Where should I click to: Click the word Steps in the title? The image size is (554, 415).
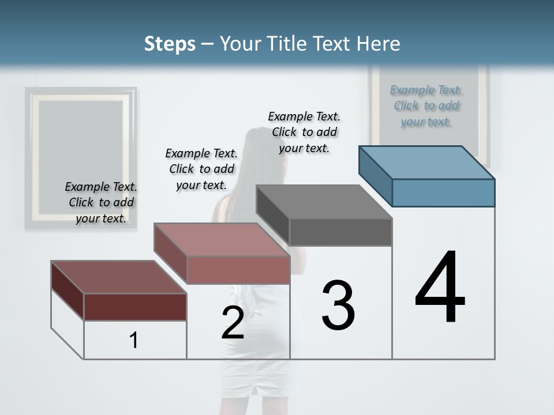coord(170,44)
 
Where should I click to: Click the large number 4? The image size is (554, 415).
coord(440,288)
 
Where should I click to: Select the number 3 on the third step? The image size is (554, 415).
coord(338,305)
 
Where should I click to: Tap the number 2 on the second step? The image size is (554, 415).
coord(233,323)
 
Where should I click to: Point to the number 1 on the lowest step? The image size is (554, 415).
coord(134,341)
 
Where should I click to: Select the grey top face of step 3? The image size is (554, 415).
coord(323,202)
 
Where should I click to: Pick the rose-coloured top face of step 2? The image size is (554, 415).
coord(222,240)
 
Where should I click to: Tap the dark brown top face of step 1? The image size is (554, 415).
coord(118,277)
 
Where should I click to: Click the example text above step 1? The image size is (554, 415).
coord(101,202)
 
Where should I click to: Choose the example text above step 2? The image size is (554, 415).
coord(201,169)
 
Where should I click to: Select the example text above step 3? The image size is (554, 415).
coord(304,132)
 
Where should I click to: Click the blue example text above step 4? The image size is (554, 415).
coord(426,105)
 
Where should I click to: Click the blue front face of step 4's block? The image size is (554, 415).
coord(443,193)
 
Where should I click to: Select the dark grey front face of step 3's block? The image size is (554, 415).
coord(340,232)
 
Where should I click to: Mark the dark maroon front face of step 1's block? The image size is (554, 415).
coord(135,307)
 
